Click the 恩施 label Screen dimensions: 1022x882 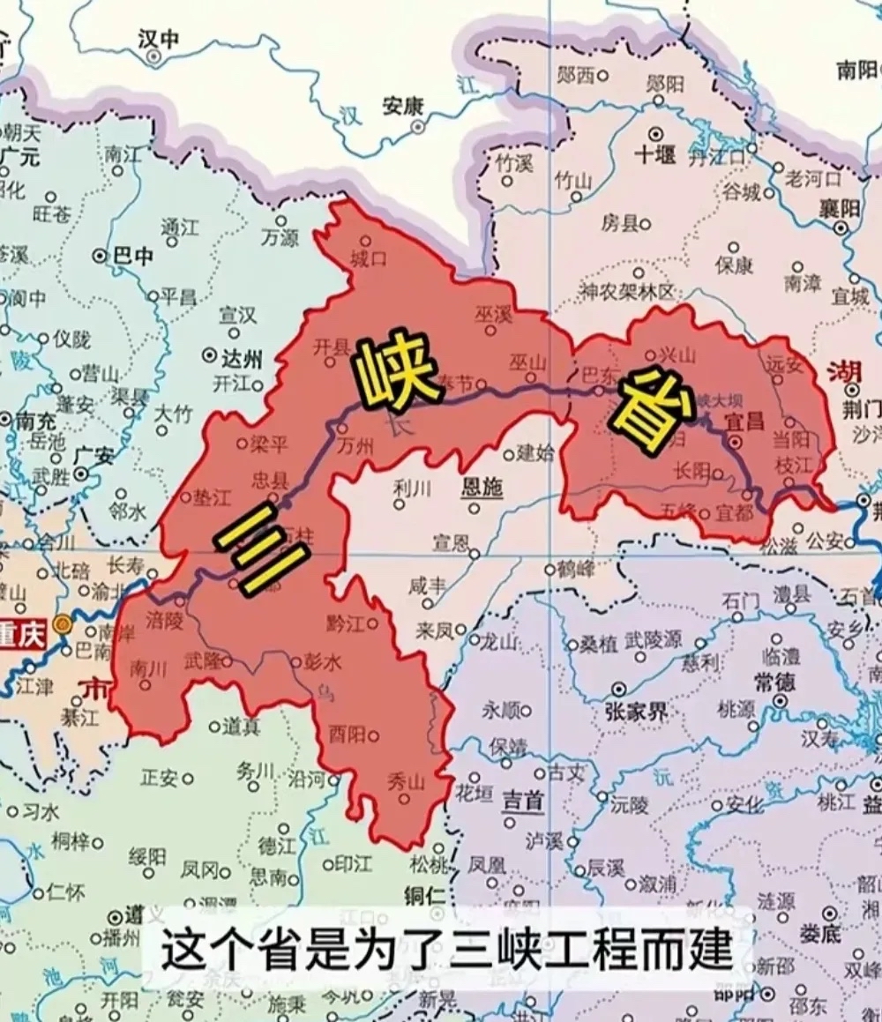[x=482, y=487]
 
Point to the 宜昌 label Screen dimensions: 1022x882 [x=744, y=422]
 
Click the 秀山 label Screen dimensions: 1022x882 [x=407, y=780]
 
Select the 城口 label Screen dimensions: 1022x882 [x=369, y=259]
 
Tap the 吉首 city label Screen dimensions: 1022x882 [x=524, y=800]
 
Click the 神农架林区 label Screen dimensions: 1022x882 [x=626, y=291]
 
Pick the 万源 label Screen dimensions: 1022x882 [x=280, y=236]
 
